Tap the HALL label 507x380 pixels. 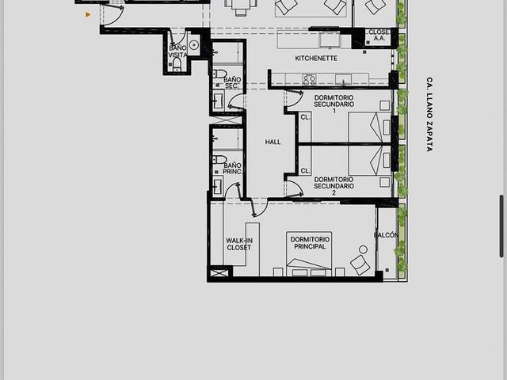[x=273, y=142]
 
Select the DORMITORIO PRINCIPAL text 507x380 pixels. [x=310, y=243]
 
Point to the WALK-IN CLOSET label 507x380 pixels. [x=239, y=244]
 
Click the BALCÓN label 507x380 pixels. [x=386, y=235]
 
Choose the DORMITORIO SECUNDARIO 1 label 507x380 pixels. [x=334, y=104]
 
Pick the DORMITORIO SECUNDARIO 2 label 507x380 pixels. [x=334, y=186]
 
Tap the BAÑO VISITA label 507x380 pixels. [x=177, y=51]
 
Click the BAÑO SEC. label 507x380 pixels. [x=232, y=82]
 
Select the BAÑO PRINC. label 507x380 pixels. [x=232, y=169]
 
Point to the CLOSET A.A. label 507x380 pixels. [x=379, y=35]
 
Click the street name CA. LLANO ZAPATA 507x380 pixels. [x=429, y=114]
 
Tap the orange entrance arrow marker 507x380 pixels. [x=88, y=14]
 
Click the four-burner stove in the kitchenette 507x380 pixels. [x=309, y=79]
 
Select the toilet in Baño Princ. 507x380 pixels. [x=219, y=160]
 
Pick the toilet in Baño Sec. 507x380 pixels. [x=219, y=74]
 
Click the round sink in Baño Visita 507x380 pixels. [x=193, y=45]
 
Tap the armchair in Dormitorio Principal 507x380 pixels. [x=360, y=264]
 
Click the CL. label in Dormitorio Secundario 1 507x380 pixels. [x=305, y=117]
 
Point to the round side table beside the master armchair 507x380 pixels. [x=363, y=249]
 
